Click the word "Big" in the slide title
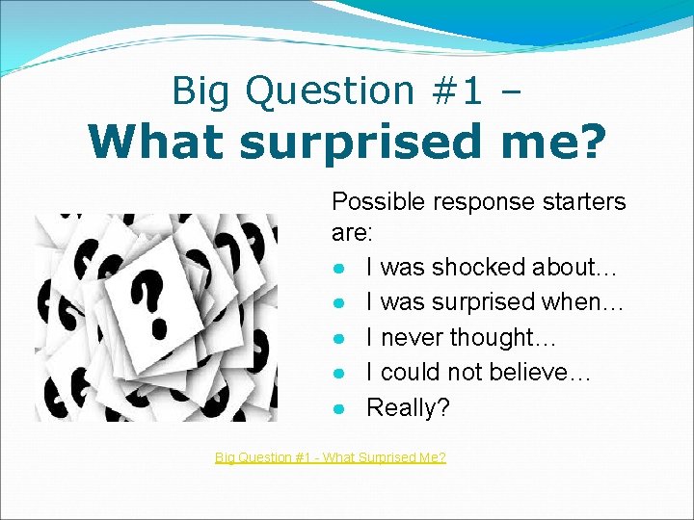pyautogui.click(x=202, y=91)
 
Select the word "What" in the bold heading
pyautogui.click(x=156, y=142)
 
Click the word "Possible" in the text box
pyautogui.click(x=370, y=202)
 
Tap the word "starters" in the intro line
pyautogui.click(x=581, y=202)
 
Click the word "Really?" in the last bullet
pyautogui.click(x=408, y=408)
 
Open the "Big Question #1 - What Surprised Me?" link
pyautogui.click(x=330, y=457)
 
